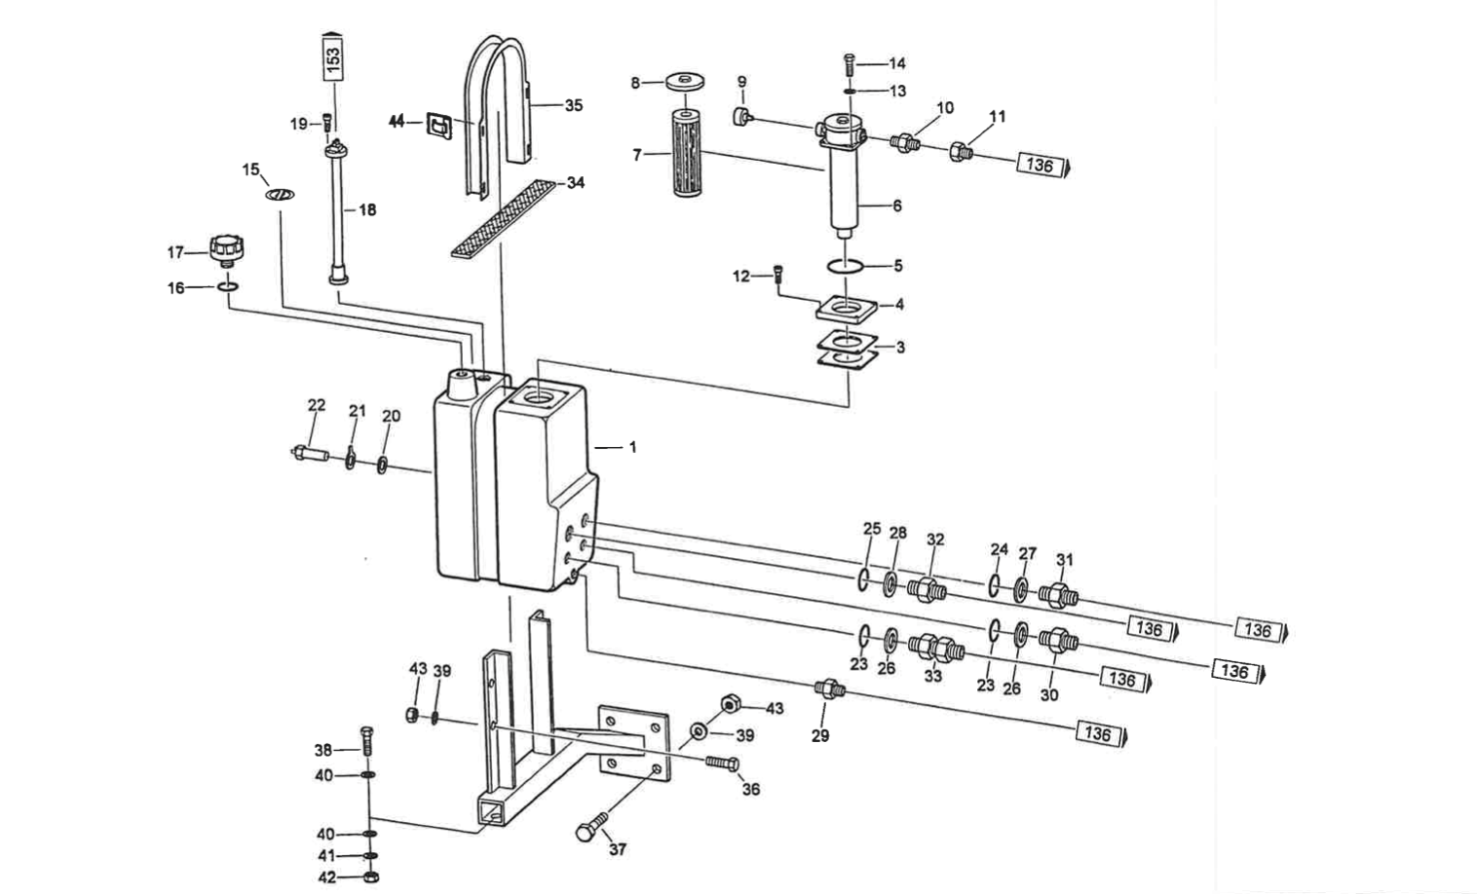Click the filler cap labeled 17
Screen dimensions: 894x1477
(226, 247)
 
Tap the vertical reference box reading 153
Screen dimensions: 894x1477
(333, 60)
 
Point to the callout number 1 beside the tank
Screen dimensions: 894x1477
(632, 447)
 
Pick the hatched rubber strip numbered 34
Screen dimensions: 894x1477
(502, 218)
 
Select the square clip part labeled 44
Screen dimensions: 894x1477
(439, 124)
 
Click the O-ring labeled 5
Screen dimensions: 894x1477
(845, 266)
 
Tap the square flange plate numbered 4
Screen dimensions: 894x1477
(847, 310)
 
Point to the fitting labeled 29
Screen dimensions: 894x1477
(829, 689)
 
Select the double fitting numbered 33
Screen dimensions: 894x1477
(935, 646)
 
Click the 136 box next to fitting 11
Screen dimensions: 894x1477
(1041, 164)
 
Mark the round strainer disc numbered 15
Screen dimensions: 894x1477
(281, 195)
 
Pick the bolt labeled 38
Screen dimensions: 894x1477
(367, 746)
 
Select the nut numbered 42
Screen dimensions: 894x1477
(370, 876)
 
